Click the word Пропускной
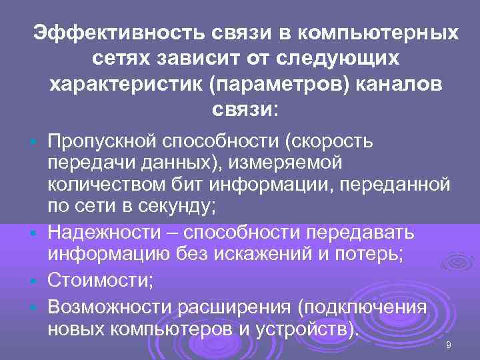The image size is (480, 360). tap(103, 141)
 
